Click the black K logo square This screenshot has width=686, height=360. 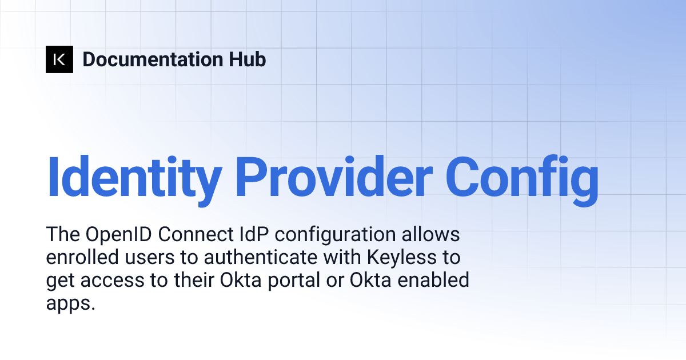click(59, 59)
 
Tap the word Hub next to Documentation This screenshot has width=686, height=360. click(246, 59)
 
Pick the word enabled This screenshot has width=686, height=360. click(434, 281)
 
